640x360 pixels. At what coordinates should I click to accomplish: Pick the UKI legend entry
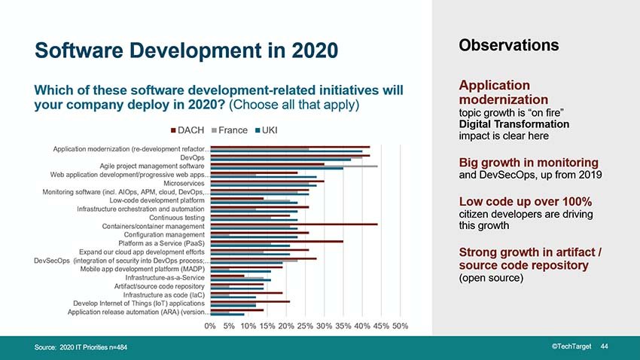[x=270, y=130]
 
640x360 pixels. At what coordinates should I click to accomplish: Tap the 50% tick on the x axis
[x=400, y=325]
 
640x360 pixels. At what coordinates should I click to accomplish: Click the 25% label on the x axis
[x=305, y=325]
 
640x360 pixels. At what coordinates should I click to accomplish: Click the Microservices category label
[x=184, y=183]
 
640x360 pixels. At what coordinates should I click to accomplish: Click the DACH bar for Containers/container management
[x=294, y=224]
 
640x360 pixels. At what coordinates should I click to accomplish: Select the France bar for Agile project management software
[x=294, y=166]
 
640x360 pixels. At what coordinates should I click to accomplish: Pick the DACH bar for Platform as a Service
[x=276, y=241]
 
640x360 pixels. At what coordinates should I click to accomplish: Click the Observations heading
[x=508, y=44]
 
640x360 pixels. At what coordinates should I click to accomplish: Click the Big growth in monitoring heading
[x=529, y=163]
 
